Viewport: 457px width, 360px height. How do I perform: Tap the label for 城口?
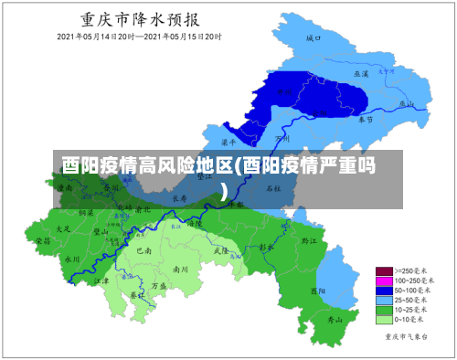point(313,38)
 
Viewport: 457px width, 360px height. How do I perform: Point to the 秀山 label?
point(335,320)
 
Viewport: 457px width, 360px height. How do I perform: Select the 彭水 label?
point(266,247)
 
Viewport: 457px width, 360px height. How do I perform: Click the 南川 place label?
point(180,270)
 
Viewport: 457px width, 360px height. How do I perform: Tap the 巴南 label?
point(143,249)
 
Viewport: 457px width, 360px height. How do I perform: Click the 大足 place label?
point(63,228)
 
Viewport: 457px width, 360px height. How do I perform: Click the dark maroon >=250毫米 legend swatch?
point(384,271)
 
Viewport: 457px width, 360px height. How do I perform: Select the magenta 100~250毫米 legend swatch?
point(384,281)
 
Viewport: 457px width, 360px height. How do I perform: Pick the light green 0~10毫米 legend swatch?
point(384,320)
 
